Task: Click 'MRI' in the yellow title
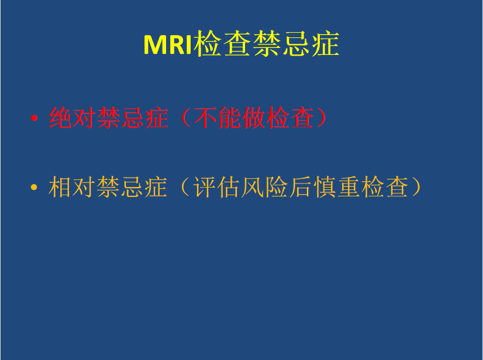coord(168,44)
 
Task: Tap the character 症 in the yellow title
coord(326,44)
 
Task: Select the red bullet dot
coord(34,118)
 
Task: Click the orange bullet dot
coord(34,187)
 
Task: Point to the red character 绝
coord(60,117)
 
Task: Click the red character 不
coord(205,117)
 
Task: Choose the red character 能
coord(229,117)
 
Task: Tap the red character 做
coord(254,117)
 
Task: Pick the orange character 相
coord(60,186)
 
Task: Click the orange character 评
coord(204,186)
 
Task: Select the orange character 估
coord(228,186)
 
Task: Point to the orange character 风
coord(252,186)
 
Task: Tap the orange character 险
coord(277,186)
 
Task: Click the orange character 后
coord(301,186)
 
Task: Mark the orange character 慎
coord(325,186)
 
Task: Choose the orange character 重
coord(349,186)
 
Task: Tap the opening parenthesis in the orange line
coord(185,186)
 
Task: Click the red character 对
coord(84,117)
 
